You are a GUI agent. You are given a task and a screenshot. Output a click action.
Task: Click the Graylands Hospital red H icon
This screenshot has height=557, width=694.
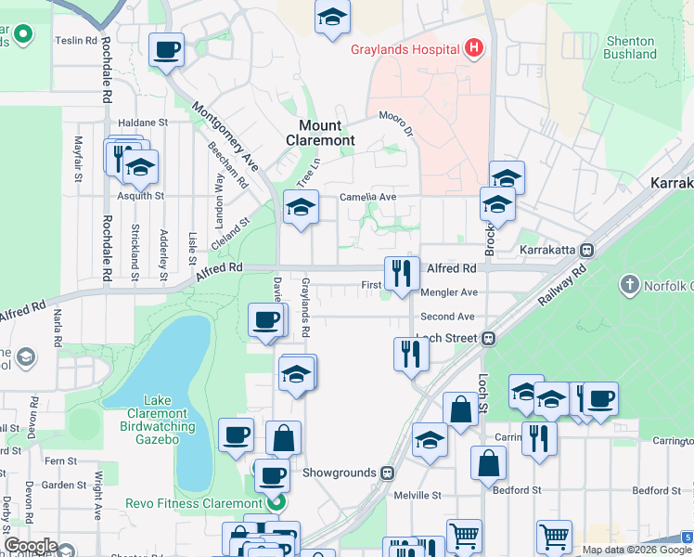pyautogui.click(x=474, y=48)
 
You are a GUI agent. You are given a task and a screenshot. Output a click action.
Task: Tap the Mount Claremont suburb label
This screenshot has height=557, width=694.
pyautogui.click(x=327, y=133)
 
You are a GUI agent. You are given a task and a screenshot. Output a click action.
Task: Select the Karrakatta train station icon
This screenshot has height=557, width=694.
pyautogui.click(x=586, y=251)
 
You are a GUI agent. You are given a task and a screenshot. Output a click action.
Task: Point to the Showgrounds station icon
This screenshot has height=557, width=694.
pyautogui.click(x=387, y=473)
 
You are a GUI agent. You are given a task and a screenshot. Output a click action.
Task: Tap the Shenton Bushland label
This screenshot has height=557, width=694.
pyautogui.click(x=630, y=47)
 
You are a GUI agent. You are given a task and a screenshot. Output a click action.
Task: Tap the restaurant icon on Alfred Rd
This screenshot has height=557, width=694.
pyautogui.click(x=402, y=273)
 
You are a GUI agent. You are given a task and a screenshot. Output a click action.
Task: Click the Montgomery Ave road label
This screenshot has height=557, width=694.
pyautogui.click(x=225, y=134)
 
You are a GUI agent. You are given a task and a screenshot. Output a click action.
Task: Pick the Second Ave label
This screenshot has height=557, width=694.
pyautogui.click(x=447, y=317)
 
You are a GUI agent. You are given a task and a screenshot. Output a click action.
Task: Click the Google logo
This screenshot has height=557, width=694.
pyautogui.click(x=31, y=546)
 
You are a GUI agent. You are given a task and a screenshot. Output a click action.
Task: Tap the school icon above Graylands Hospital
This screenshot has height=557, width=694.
pyautogui.click(x=332, y=17)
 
